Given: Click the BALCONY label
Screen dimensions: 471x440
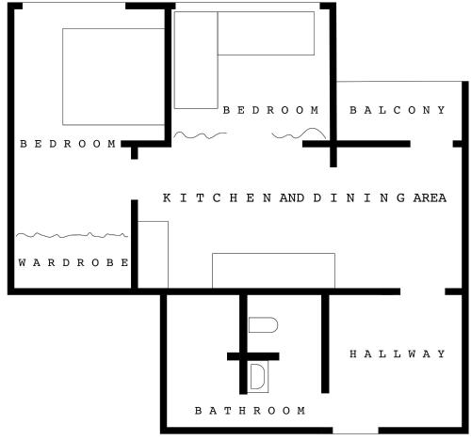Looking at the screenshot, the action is tap(398, 110).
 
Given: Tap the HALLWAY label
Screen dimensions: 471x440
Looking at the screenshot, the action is tap(398, 354).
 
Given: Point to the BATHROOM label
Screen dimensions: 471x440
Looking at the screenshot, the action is tap(250, 410).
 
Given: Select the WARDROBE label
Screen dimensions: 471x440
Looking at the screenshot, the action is tap(73, 262).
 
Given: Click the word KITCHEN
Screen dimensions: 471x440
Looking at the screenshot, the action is tap(218, 198).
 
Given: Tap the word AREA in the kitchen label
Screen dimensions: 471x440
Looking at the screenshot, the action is tap(430, 198).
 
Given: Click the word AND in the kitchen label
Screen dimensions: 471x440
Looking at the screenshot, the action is tap(292, 198).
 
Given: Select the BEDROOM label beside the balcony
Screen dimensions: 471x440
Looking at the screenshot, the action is tap(271, 110).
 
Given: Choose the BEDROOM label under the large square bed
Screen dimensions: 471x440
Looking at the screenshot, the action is tap(68, 144).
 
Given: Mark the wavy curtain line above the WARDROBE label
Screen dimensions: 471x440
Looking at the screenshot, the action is tap(72, 235).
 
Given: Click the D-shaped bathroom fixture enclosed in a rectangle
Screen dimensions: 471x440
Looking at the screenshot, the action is tap(258, 376).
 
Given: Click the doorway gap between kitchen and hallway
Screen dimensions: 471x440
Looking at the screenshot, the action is tap(423, 291).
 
